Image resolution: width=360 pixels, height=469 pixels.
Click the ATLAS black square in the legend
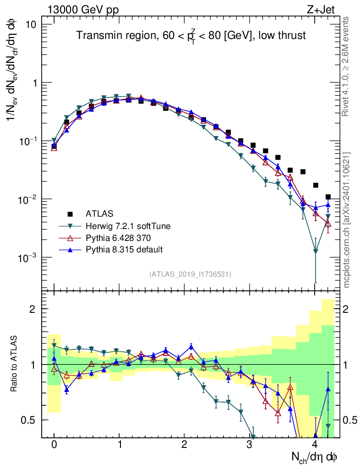pyautogui.click(x=70, y=214)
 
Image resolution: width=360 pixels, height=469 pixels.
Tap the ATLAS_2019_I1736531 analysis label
pyautogui.click(x=190, y=274)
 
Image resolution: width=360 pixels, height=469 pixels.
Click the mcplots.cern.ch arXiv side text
pyautogui.click(x=346, y=220)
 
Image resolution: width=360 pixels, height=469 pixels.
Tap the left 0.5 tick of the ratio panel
pyautogui.click(x=31, y=420)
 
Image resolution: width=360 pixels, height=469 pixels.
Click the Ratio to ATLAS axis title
pyautogui.click(x=14, y=364)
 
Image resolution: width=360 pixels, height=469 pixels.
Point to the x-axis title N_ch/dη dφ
pyautogui.click(x=315, y=457)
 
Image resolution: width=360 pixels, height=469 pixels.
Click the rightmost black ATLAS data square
pyautogui.click(x=328, y=197)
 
